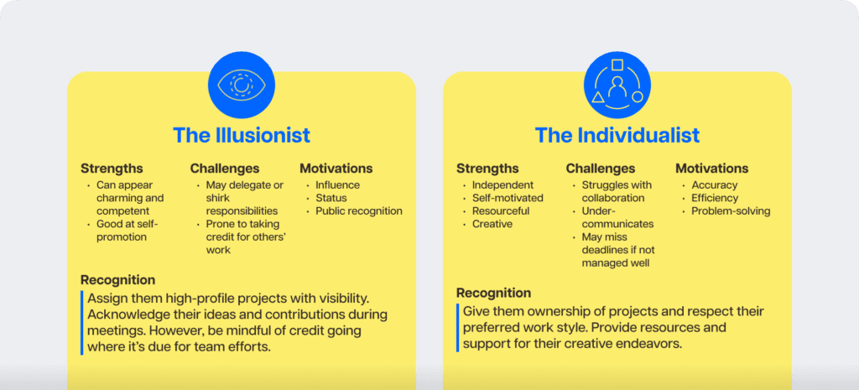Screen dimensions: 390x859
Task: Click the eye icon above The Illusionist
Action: click(x=241, y=85)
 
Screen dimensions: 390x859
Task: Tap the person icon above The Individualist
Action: click(x=617, y=85)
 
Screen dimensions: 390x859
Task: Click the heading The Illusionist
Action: click(x=242, y=135)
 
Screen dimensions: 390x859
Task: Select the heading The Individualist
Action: click(x=617, y=135)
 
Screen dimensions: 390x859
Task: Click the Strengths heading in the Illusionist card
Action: click(x=112, y=169)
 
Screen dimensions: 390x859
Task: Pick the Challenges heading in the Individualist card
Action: click(x=601, y=169)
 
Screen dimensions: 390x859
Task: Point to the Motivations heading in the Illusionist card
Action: click(x=336, y=169)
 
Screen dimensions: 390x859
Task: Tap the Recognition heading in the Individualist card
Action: click(x=493, y=293)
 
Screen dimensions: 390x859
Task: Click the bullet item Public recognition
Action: click(x=359, y=211)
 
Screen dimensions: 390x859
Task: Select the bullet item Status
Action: click(x=331, y=198)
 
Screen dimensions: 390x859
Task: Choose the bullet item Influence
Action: click(x=337, y=185)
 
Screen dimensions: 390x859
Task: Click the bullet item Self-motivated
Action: click(x=508, y=198)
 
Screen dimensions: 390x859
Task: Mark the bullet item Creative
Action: click(x=492, y=224)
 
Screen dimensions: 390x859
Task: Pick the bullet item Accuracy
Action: click(x=715, y=185)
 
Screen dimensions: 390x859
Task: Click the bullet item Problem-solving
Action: click(x=731, y=211)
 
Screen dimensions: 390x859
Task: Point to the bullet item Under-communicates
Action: click(x=618, y=217)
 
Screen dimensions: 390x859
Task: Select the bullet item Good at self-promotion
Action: click(x=127, y=231)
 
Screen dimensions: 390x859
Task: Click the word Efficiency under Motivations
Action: click(x=716, y=198)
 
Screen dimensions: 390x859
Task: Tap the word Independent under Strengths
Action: click(x=503, y=185)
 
